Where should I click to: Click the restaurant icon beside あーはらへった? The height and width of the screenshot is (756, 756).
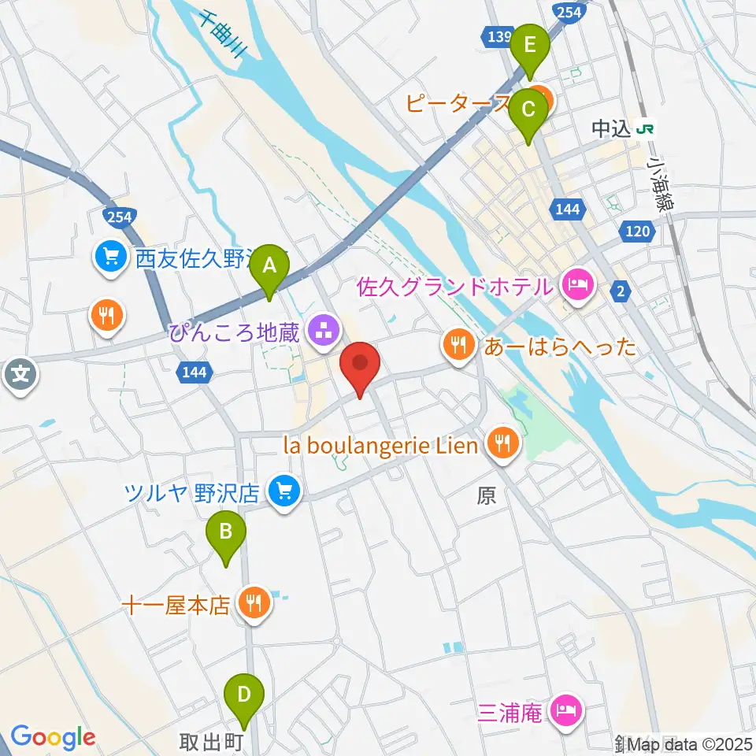[458, 345]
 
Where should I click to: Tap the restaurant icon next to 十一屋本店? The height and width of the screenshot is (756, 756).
[254, 604]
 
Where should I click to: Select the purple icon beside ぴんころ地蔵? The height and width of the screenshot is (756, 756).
[321, 332]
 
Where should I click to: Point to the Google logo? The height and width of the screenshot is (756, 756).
[53, 738]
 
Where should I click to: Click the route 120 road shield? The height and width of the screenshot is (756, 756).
[636, 231]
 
